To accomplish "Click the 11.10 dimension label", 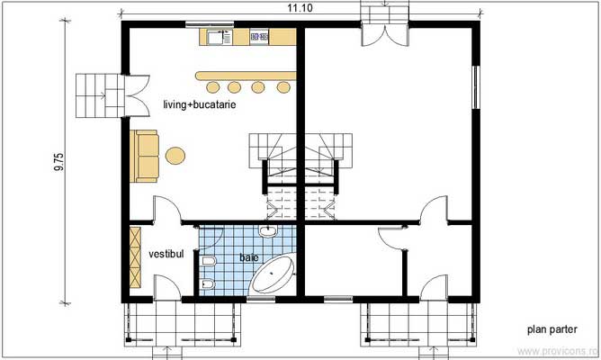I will [x=300, y=8].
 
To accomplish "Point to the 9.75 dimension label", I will [x=59, y=160].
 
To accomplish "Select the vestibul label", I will [x=166, y=255].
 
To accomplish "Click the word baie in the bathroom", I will [x=248, y=257].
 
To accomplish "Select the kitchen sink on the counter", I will [x=217, y=37].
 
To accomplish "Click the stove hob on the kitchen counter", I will [x=259, y=37].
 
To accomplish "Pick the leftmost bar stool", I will [x=213, y=87].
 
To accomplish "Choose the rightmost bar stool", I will [x=283, y=87].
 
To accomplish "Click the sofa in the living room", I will [x=145, y=155].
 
